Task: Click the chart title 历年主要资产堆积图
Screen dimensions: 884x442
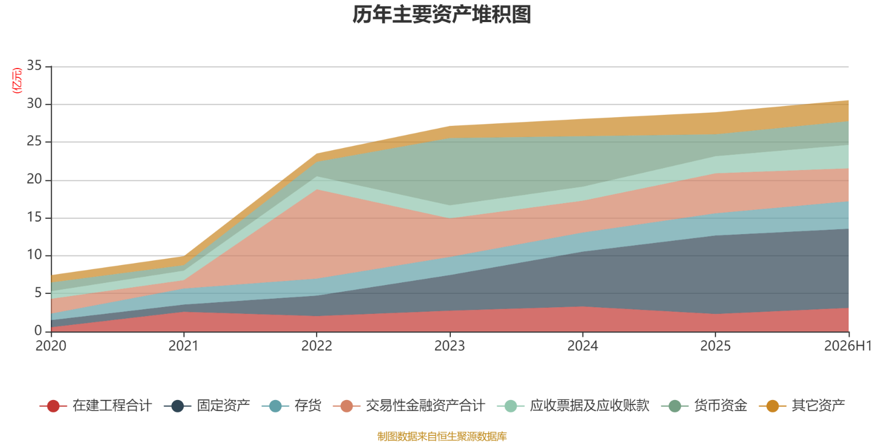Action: click(441, 15)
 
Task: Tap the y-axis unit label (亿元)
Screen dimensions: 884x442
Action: click(17, 81)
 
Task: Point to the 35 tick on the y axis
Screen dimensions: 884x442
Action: click(34, 66)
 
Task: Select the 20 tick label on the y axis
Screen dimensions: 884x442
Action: click(34, 180)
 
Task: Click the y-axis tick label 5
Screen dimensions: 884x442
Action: click(38, 293)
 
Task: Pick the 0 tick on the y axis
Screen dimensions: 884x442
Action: click(38, 331)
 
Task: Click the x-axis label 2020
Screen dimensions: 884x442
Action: click(51, 346)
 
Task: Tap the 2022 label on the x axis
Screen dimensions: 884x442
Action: click(317, 346)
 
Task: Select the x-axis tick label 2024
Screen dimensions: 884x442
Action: click(582, 346)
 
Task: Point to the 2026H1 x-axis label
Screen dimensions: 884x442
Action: click(848, 346)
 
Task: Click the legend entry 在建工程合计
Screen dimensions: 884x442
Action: click(96, 406)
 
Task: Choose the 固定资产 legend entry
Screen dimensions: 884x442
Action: click(207, 406)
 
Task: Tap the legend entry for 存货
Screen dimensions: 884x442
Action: click(292, 406)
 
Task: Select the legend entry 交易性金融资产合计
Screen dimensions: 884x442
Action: click(409, 406)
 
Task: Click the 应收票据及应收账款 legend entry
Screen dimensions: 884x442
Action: click(573, 406)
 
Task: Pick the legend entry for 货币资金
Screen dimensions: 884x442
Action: click(704, 406)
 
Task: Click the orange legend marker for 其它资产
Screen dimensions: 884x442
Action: click(772, 406)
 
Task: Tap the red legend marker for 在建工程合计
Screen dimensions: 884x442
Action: click(53, 406)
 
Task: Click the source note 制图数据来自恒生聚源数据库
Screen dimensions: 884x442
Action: click(442, 436)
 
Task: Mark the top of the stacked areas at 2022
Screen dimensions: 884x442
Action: click(317, 154)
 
